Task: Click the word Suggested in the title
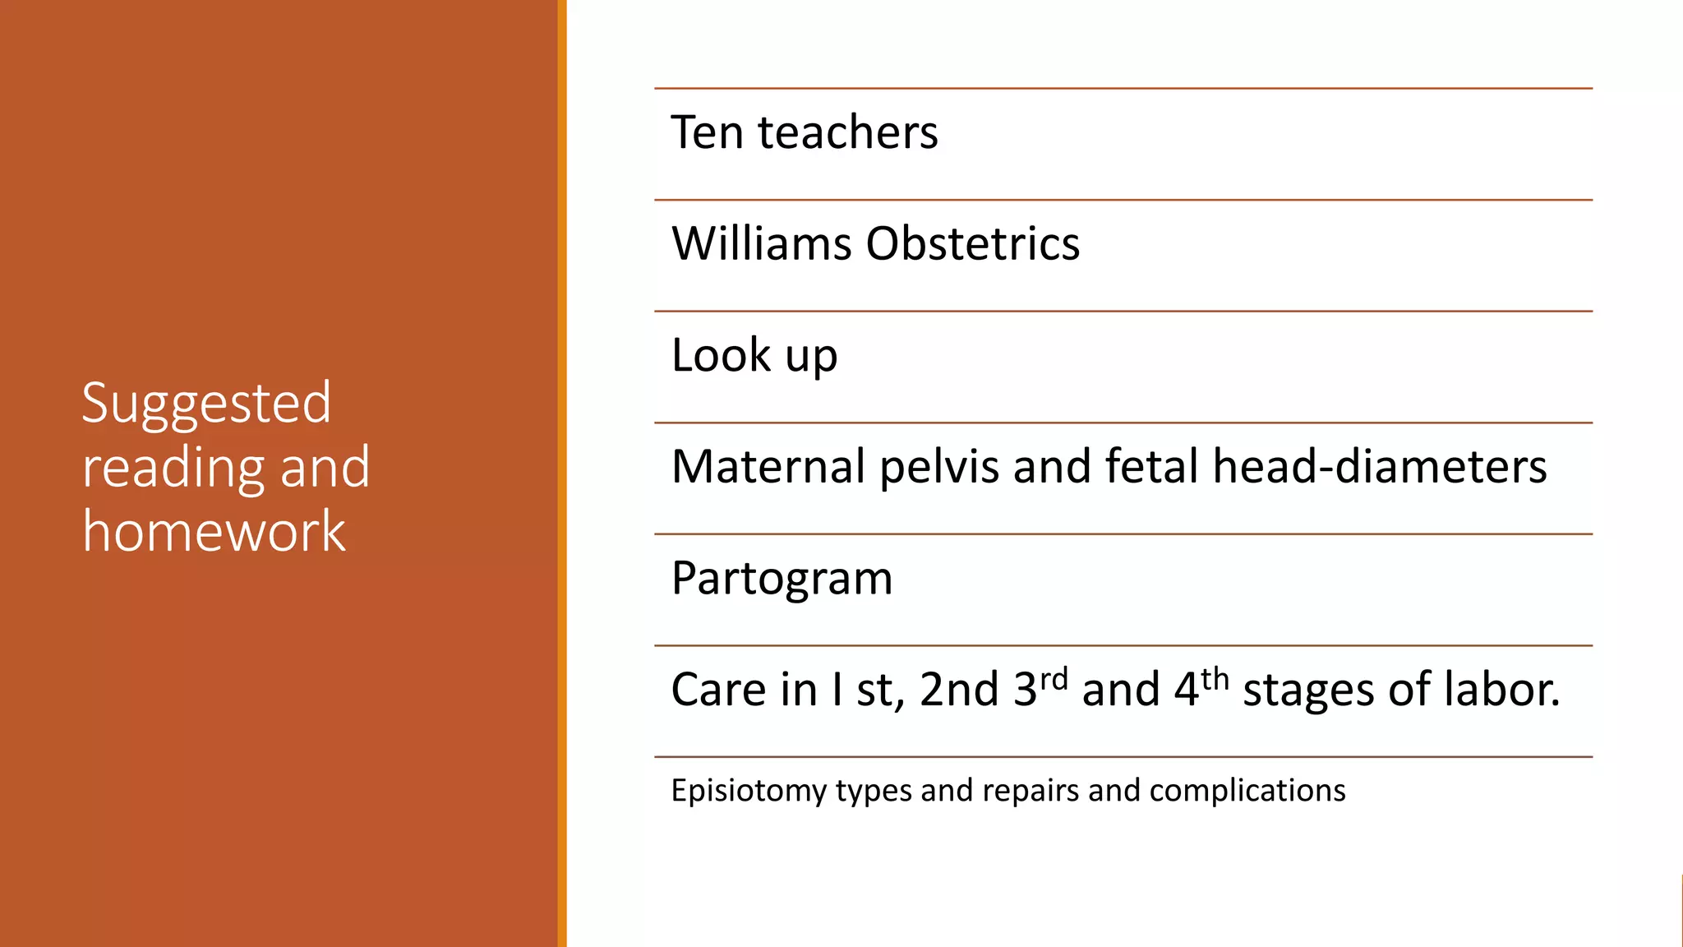206,404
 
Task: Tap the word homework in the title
214,531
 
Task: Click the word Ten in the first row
707,132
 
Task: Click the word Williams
761,244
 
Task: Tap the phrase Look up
754,356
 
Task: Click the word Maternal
768,467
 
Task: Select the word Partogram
781,579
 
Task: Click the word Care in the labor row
718,690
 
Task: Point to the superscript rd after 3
1054,680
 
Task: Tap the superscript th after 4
1214,680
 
